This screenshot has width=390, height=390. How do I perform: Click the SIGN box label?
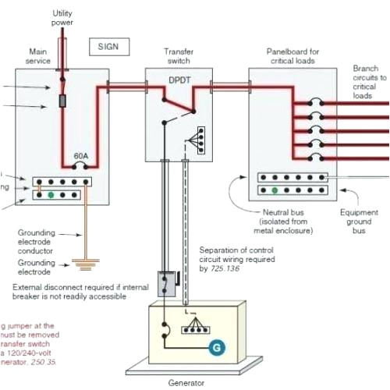click(109, 46)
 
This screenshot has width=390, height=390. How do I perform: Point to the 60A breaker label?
click(80, 156)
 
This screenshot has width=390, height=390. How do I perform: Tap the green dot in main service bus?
click(51, 193)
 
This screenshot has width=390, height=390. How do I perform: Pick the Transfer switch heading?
click(179, 56)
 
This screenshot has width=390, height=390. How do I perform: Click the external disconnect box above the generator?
click(166, 283)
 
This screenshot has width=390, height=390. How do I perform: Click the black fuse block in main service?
click(62, 102)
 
